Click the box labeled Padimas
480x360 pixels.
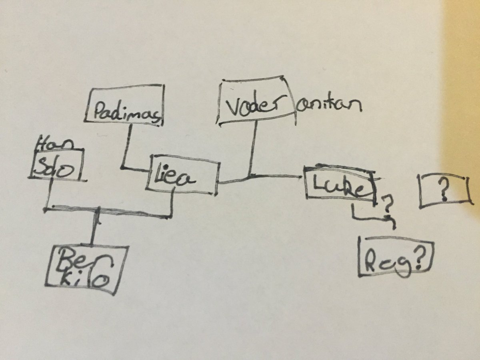(125, 105)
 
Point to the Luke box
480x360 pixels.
(340, 185)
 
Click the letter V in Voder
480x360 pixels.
(233, 107)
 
